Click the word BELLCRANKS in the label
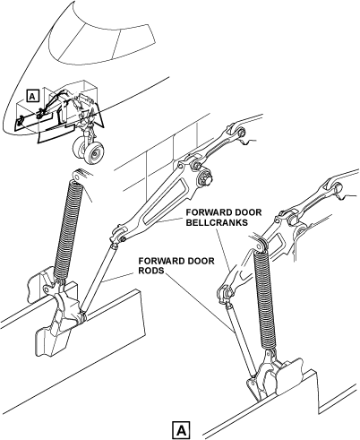(217, 222)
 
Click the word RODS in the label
(151, 271)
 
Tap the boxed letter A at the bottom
(181, 430)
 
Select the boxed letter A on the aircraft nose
(32, 96)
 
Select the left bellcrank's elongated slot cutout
(165, 203)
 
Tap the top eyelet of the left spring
(78, 177)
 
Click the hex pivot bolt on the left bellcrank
(206, 178)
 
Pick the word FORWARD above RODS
(157, 261)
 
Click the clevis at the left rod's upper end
(118, 236)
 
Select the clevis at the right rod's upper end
(225, 294)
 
